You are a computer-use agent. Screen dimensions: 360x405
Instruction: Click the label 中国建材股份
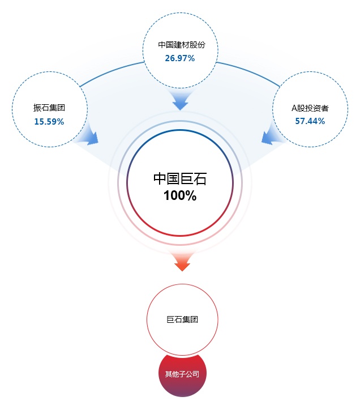tap(182, 45)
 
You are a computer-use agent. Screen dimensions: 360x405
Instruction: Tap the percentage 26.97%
tap(180, 58)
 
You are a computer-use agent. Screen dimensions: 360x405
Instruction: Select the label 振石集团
tap(49, 108)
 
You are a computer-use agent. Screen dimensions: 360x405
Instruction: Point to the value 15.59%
tap(49, 121)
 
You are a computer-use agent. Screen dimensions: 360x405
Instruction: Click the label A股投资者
tap(310, 108)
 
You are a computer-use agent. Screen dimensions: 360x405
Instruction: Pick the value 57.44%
tap(310, 121)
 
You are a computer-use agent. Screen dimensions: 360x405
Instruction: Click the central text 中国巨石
tap(180, 179)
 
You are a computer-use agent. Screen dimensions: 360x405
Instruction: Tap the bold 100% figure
tap(180, 195)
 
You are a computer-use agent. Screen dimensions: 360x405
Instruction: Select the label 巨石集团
tap(182, 319)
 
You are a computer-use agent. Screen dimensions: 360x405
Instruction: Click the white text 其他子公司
tap(182, 374)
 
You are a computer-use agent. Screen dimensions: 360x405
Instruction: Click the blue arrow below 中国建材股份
tap(181, 100)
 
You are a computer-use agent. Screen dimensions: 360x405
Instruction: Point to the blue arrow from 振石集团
tap(91, 135)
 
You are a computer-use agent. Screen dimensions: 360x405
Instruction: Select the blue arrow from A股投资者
tap(270, 135)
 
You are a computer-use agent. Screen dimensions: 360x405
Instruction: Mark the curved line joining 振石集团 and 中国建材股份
tap(110, 71)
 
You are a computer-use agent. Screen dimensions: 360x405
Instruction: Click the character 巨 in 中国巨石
tap(187, 179)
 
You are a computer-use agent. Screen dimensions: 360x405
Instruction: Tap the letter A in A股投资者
tap(294, 108)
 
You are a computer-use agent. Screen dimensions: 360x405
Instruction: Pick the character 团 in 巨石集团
tap(194, 319)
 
